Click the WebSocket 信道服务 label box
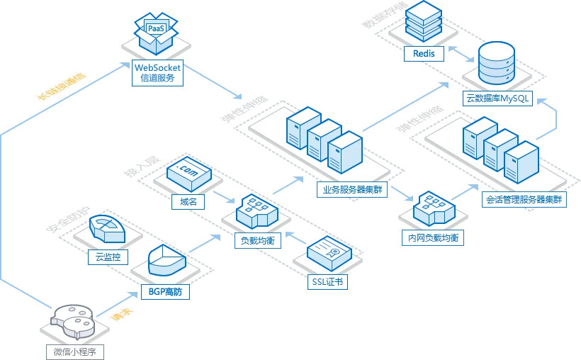[157, 73]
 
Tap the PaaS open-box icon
[156, 33]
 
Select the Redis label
[424, 54]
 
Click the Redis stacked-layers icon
[424, 21]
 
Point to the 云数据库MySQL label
[497, 99]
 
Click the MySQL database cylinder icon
[497, 63]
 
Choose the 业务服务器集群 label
[352, 189]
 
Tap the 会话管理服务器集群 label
[524, 199]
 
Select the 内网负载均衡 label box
[433, 237]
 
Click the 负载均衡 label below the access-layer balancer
[257, 241]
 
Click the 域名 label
[188, 202]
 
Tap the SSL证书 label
[327, 282]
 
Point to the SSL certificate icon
[329, 254]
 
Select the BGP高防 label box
[165, 292]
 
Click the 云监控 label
[108, 257]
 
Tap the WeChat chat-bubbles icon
[72, 322]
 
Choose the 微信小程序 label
[75, 351]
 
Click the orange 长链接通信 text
[61, 86]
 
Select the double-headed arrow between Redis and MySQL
[461, 54]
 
